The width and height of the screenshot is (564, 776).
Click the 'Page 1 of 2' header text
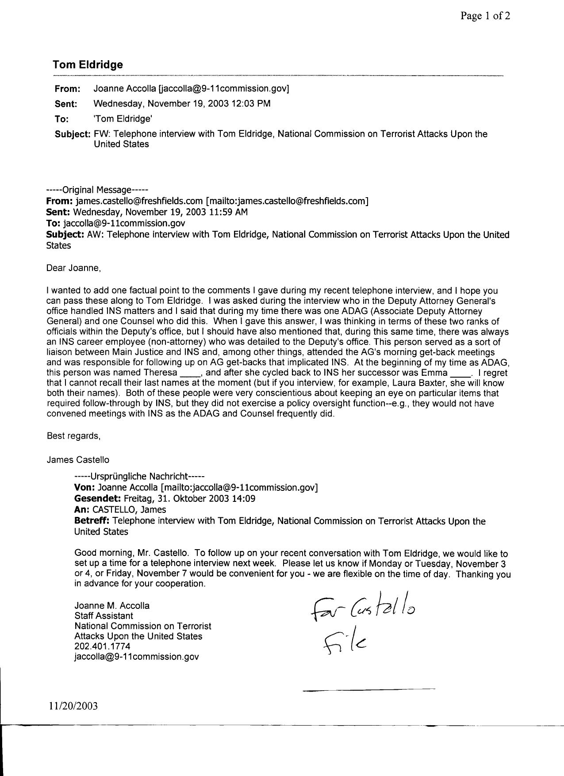[485, 16]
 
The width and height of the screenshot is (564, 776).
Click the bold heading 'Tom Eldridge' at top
[88, 65]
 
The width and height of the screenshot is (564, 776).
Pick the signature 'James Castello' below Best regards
[78, 460]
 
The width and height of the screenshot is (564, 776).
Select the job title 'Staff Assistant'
[104, 615]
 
